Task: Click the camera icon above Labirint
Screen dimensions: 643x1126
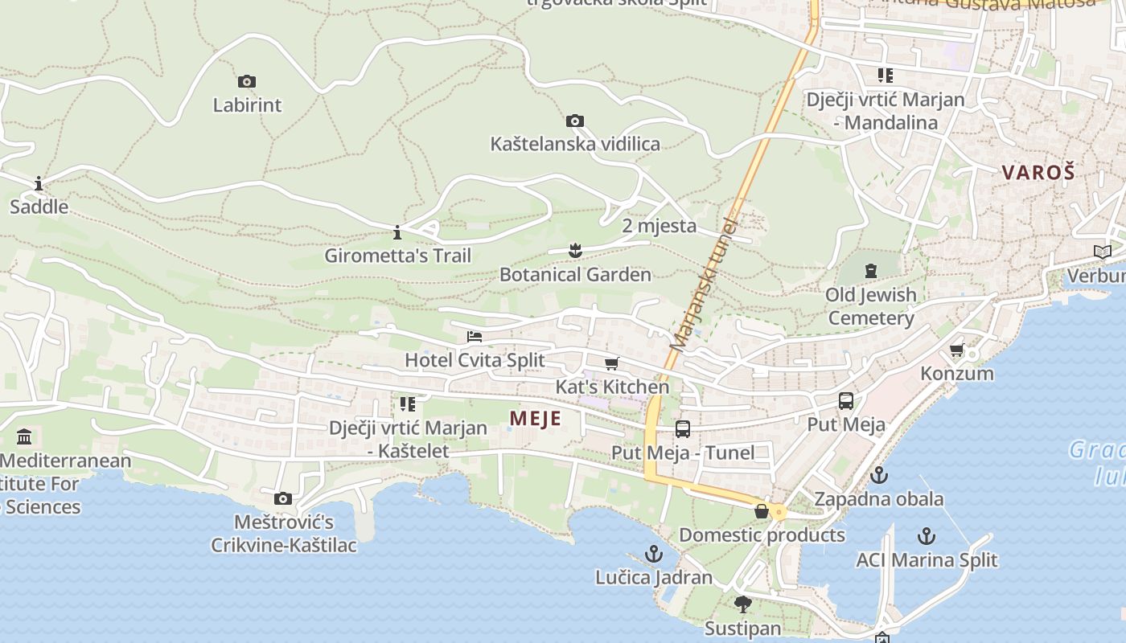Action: (247, 81)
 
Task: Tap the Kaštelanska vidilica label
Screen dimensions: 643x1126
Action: (575, 144)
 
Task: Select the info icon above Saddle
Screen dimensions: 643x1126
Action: (39, 184)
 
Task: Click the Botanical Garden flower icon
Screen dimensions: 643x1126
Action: (575, 251)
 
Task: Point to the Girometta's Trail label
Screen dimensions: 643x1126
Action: (397, 256)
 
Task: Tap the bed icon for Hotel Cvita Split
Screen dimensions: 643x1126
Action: (475, 336)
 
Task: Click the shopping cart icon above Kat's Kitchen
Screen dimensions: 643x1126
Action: (612, 363)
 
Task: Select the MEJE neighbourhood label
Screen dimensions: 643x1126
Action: (535, 419)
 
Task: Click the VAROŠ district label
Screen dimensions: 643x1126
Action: (1038, 172)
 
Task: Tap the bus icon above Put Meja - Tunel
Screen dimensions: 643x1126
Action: (683, 429)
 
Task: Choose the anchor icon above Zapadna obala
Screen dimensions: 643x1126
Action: (879, 475)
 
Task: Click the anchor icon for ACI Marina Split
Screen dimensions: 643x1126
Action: (927, 536)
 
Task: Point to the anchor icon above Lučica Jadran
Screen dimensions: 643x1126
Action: (654, 554)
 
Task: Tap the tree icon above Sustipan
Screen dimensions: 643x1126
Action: (742, 604)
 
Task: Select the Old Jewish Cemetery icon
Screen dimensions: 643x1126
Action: (870, 271)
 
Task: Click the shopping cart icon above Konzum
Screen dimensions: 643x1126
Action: (956, 350)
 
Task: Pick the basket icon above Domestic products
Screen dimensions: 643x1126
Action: (762, 511)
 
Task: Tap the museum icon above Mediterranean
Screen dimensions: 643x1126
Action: (24, 437)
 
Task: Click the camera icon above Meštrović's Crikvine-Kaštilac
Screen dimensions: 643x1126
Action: (283, 499)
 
